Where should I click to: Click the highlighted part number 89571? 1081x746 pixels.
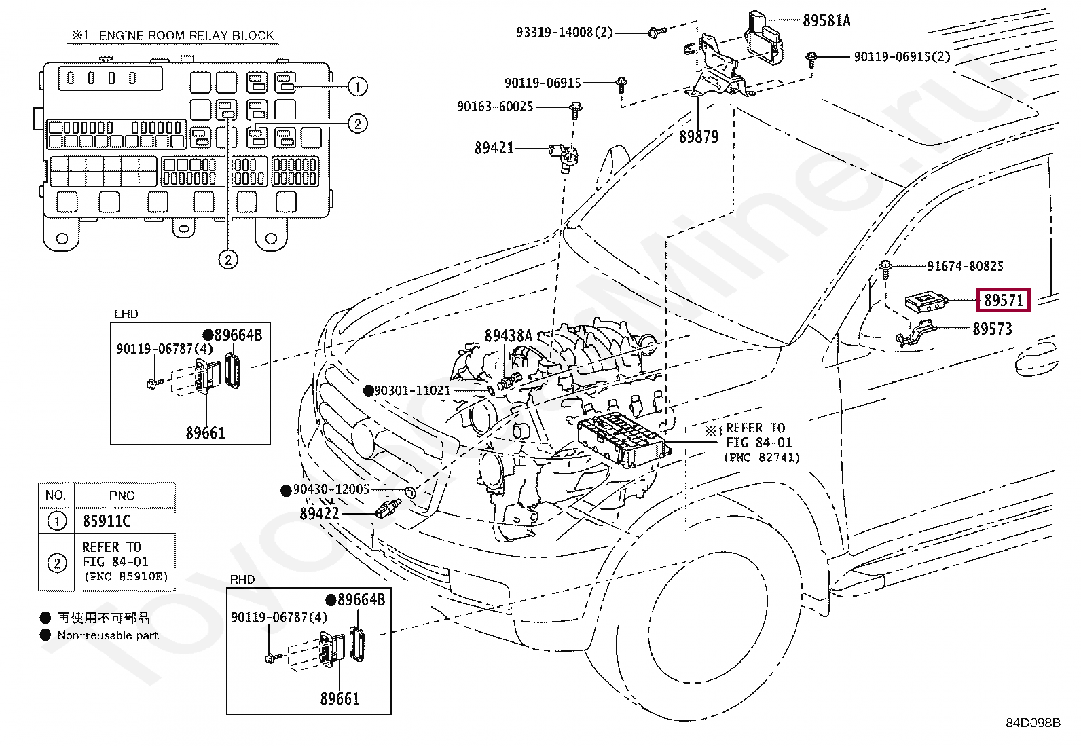point(1004,300)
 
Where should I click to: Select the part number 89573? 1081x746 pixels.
point(992,329)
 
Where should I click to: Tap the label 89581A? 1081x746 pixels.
point(826,21)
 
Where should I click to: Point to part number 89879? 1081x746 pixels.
point(698,137)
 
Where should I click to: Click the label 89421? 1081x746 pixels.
point(494,148)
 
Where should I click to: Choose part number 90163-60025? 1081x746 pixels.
point(495,107)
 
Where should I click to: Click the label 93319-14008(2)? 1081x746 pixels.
point(564,32)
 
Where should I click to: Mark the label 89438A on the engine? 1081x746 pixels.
point(508,335)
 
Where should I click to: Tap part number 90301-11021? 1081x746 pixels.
point(412,390)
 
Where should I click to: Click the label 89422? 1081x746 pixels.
point(319,514)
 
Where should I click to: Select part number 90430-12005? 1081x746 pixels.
point(331,489)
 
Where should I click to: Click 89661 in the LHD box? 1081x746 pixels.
point(205,433)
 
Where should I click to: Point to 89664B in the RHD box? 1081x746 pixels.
point(361,600)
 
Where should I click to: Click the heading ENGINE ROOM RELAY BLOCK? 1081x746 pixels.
point(187,35)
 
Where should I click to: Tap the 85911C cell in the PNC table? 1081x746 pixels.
point(107,521)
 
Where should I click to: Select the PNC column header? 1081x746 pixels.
point(122,496)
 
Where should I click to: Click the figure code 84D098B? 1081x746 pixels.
point(1032,723)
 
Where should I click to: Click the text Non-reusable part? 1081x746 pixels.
point(107,635)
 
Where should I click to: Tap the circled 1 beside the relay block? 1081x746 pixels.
point(357,86)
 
